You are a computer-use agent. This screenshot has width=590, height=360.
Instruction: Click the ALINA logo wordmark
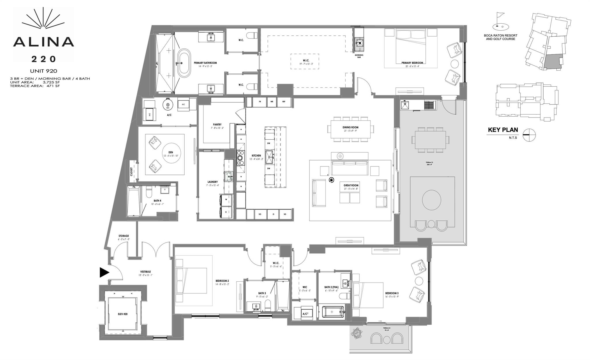click(x=44, y=42)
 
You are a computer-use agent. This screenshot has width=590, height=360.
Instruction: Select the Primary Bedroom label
click(x=412, y=63)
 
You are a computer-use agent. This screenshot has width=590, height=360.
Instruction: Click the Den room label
click(x=171, y=153)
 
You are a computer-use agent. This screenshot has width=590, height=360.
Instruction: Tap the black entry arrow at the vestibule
click(x=104, y=272)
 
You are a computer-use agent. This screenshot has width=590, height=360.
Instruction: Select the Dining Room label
click(x=350, y=127)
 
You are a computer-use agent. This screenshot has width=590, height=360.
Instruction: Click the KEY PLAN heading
click(x=503, y=130)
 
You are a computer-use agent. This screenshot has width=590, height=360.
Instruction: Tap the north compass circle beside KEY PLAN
click(x=529, y=135)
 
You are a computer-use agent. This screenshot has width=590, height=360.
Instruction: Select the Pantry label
click(x=217, y=125)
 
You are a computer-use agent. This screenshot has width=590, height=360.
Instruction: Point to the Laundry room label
click(x=213, y=182)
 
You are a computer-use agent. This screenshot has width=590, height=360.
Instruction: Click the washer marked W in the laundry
click(x=226, y=199)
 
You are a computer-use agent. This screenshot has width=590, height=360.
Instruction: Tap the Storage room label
click(x=123, y=236)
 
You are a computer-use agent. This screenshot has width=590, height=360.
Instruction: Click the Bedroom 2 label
click(x=222, y=281)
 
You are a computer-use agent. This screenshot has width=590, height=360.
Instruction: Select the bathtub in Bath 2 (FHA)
click(x=332, y=312)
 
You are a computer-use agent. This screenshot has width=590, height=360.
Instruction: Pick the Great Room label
click(x=351, y=185)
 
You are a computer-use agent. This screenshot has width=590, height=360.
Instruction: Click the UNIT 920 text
click(x=44, y=71)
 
